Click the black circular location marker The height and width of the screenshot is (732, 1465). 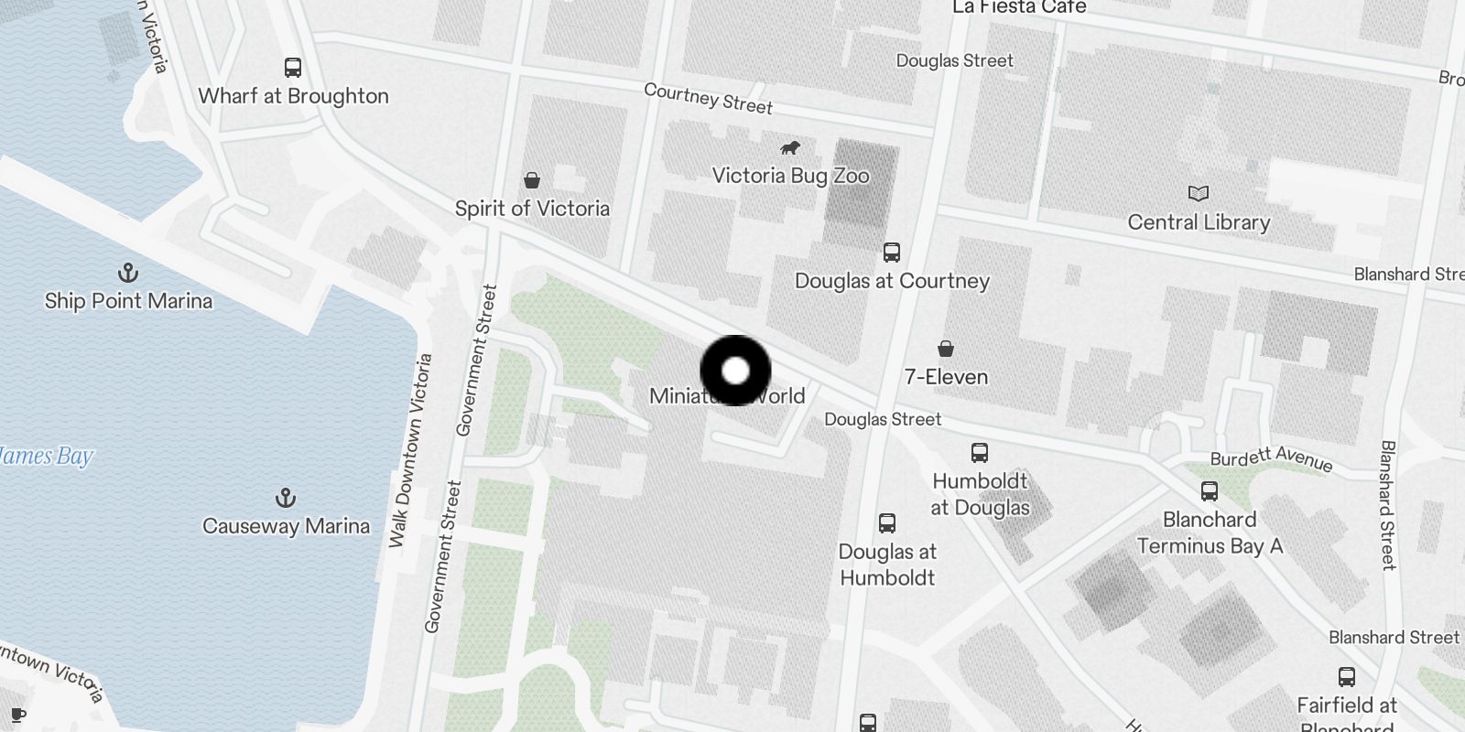click(x=735, y=371)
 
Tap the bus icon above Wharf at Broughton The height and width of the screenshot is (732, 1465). click(x=293, y=68)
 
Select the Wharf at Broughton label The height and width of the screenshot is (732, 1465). click(x=293, y=96)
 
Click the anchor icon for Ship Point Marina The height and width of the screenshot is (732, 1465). click(x=128, y=273)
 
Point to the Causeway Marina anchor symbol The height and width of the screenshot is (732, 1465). click(x=286, y=498)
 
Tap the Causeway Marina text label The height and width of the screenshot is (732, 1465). click(x=286, y=526)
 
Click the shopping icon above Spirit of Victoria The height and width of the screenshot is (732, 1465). click(x=532, y=180)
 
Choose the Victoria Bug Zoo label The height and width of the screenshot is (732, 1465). click(x=790, y=176)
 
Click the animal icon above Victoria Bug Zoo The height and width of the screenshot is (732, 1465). click(x=790, y=147)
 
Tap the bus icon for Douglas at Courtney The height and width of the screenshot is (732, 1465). click(x=892, y=253)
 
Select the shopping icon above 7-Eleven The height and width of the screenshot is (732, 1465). click(x=946, y=349)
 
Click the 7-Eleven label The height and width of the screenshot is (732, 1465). click(x=946, y=377)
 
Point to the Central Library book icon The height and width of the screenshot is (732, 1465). click(x=1199, y=193)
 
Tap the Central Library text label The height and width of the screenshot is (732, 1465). click(x=1199, y=222)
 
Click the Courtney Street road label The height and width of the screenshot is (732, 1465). click(x=708, y=99)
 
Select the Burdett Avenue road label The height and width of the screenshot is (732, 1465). click(x=1271, y=457)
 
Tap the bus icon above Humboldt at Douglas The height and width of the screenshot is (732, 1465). click(x=980, y=452)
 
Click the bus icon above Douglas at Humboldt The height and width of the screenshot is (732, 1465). click(x=887, y=523)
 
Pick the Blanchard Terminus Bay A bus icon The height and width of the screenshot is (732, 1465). click(x=1210, y=491)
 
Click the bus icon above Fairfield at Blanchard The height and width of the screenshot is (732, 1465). click(x=1347, y=677)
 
